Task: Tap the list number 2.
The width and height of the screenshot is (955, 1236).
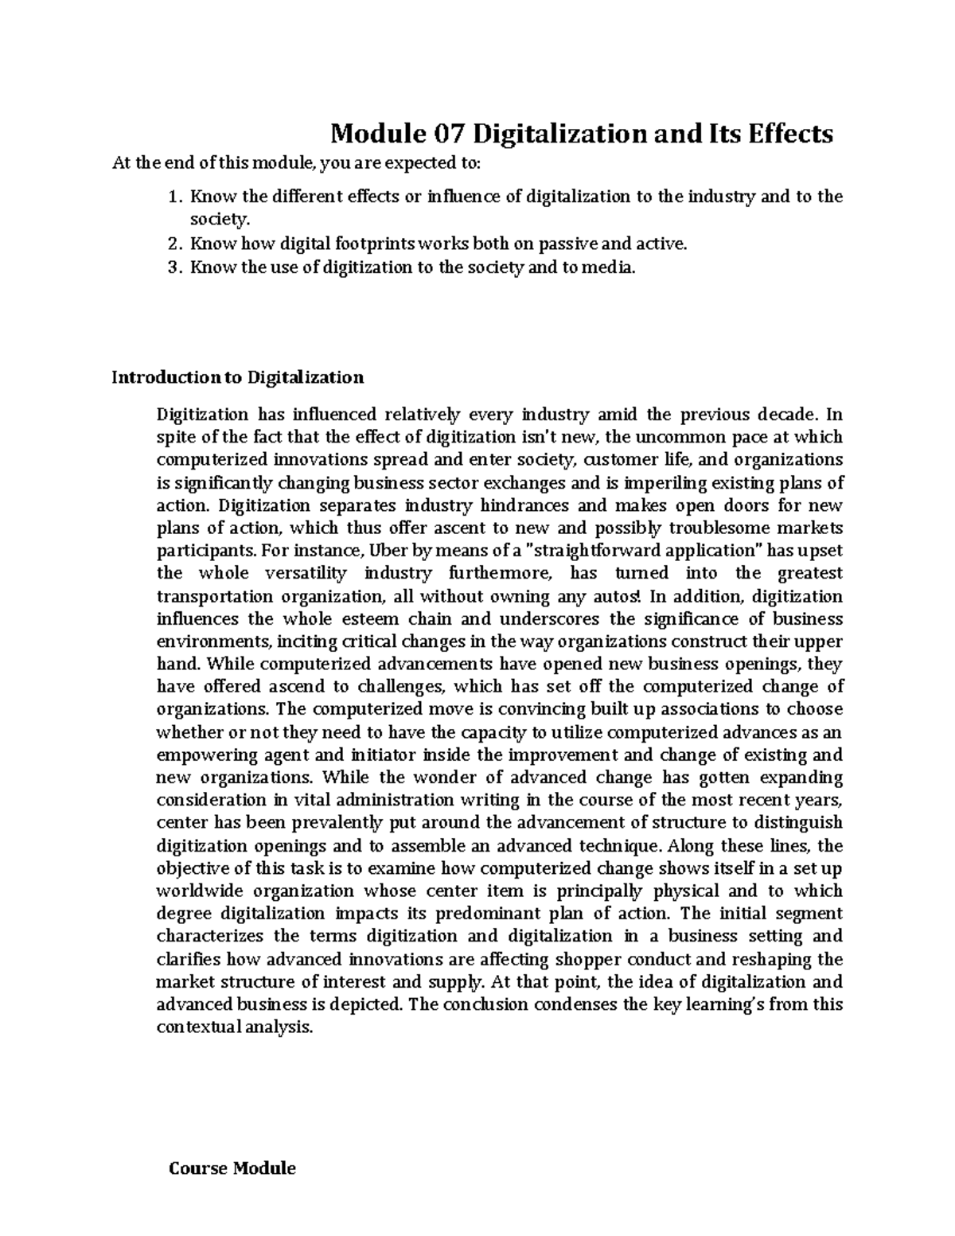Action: pyautogui.click(x=174, y=244)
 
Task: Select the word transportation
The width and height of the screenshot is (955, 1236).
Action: pyautogui.click(x=214, y=596)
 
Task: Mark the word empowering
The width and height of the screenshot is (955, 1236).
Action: pyautogui.click(x=207, y=754)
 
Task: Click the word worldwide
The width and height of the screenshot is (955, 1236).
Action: pyautogui.click(x=199, y=891)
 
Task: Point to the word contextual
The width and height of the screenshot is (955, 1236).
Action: pyautogui.click(x=198, y=1027)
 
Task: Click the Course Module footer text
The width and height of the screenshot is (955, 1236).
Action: pyautogui.click(x=232, y=1168)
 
